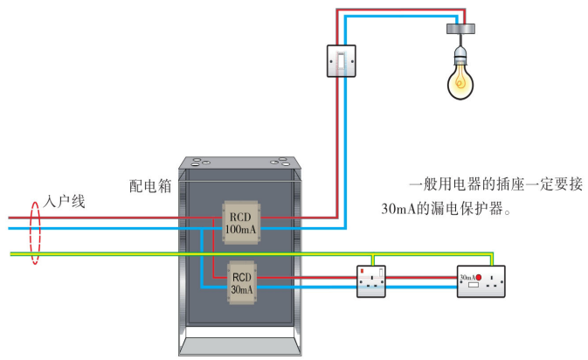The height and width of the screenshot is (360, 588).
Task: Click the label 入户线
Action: (x=65, y=202)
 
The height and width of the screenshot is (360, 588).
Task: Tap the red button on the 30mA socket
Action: (x=479, y=278)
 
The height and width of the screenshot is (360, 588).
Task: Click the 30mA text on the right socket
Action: (x=467, y=278)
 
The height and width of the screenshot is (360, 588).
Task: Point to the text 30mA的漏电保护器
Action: (x=445, y=211)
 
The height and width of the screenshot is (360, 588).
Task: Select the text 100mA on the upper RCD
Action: (x=240, y=229)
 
